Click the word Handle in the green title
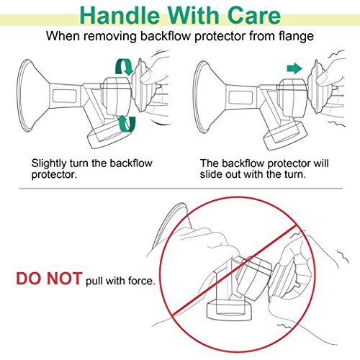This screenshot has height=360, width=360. click(x=120, y=15)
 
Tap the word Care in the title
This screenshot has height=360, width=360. click(x=254, y=15)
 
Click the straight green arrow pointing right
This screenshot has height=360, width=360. click(x=294, y=68)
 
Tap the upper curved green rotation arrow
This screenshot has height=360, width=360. click(x=124, y=67)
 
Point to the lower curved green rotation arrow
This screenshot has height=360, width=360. click(x=127, y=123)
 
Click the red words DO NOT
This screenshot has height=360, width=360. click(x=49, y=279)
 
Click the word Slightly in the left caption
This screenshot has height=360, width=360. click(x=49, y=164)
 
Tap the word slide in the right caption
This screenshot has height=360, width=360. click(x=211, y=174)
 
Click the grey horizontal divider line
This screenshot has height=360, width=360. click(x=181, y=189)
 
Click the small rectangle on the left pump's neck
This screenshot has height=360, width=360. click(x=65, y=96)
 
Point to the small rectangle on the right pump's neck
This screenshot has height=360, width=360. click(x=240, y=97)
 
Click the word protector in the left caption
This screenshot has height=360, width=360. click(x=54, y=175)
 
